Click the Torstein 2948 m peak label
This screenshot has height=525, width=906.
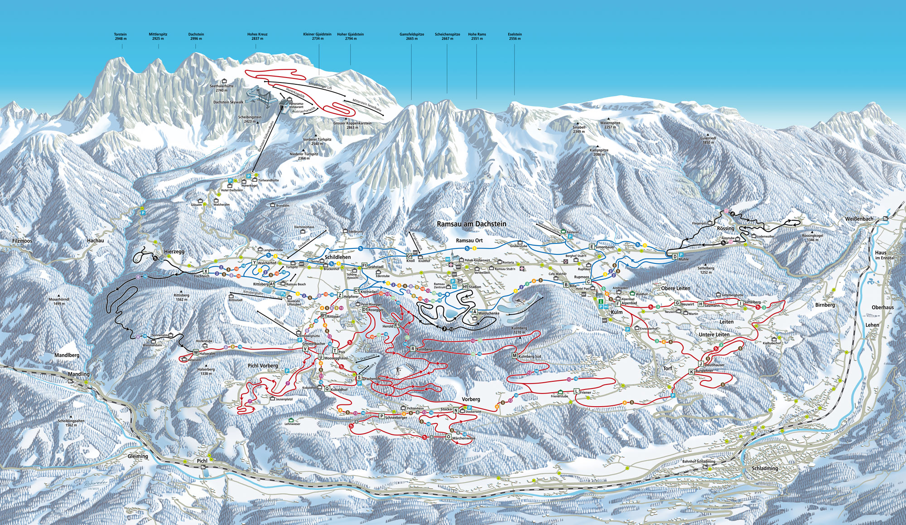click(x=120, y=36)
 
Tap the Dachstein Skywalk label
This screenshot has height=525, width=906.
click(x=228, y=102)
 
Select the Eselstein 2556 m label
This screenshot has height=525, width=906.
click(x=515, y=36)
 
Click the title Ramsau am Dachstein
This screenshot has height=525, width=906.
click(x=472, y=224)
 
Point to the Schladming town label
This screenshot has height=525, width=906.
click(x=765, y=468)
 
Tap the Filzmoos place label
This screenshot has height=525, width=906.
click(x=22, y=241)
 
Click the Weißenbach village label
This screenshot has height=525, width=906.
click(x=859, y=219)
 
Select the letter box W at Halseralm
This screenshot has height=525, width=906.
click(x=196, y=352)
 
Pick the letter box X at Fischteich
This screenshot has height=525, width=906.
click(x=206, y=271)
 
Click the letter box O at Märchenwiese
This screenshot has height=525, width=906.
click(x=448, y=437)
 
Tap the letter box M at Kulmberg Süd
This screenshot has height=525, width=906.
click(x=515, y=356)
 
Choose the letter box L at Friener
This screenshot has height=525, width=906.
click(x=576, y=391)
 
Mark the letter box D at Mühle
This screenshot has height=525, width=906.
click(x=675, y=257)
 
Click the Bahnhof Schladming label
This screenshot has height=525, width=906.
click(x=699, y=462)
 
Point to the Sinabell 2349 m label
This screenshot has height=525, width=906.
click(x=579, y=129)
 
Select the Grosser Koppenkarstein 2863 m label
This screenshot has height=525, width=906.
click(x=352, y=125)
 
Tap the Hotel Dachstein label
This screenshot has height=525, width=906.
click(x=232, y=190)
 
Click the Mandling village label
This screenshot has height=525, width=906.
click(x=79, y=374)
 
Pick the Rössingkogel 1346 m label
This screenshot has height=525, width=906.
click(x=812, y=237)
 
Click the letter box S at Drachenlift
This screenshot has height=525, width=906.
click(x=359, y=378)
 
